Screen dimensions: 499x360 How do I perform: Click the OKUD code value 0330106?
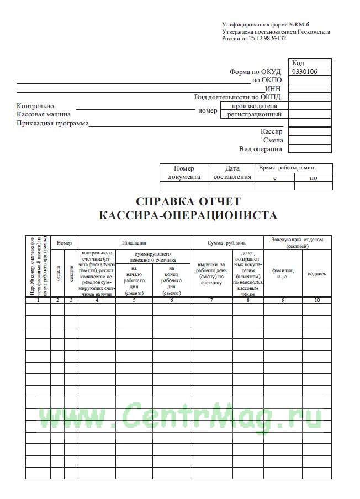(x=303, y=71)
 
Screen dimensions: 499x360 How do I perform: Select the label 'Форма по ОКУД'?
(x=256, y=72)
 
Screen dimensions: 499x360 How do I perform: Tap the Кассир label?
(x=272, y=132)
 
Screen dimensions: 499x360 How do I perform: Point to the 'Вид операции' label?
(x=261, y=149)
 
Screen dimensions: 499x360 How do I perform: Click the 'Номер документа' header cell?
(x=184, y=172)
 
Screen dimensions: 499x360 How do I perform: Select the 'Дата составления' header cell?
(x=232, y=172)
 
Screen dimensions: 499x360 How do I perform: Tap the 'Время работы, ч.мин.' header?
(x=295, y=168)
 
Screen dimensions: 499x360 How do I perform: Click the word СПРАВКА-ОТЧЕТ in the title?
(x=188, y=200)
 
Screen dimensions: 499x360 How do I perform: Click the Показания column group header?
(x=134, y=242)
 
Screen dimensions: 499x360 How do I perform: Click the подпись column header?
(x=316, y=273)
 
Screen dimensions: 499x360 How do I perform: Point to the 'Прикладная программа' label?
(x=53, y=123)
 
